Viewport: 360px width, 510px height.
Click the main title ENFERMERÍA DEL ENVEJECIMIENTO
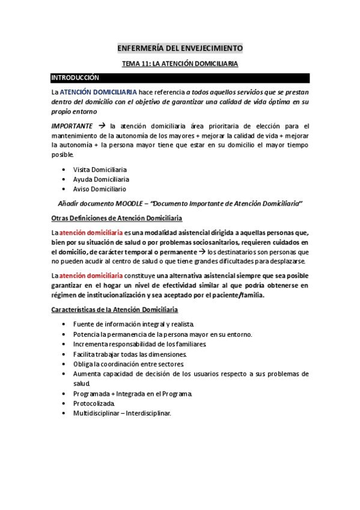pos(180,48)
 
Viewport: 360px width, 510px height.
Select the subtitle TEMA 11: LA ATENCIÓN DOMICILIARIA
pos(180,63)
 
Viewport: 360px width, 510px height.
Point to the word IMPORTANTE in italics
pos(72,126)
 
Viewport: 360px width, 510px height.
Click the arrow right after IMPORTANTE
pos(102,126)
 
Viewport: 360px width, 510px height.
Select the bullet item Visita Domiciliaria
pos(100,170)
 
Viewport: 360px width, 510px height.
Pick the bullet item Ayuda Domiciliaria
pos(101,179)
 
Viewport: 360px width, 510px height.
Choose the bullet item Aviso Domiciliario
pos(99,189)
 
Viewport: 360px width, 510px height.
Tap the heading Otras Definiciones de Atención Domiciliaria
pos(117,218)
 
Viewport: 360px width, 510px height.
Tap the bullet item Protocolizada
pos(94,403)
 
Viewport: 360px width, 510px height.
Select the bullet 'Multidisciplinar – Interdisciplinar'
pos(122,413)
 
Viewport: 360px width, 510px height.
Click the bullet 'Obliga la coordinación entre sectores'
pos(128,364)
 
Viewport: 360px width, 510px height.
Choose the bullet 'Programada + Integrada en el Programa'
pos(132,393)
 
